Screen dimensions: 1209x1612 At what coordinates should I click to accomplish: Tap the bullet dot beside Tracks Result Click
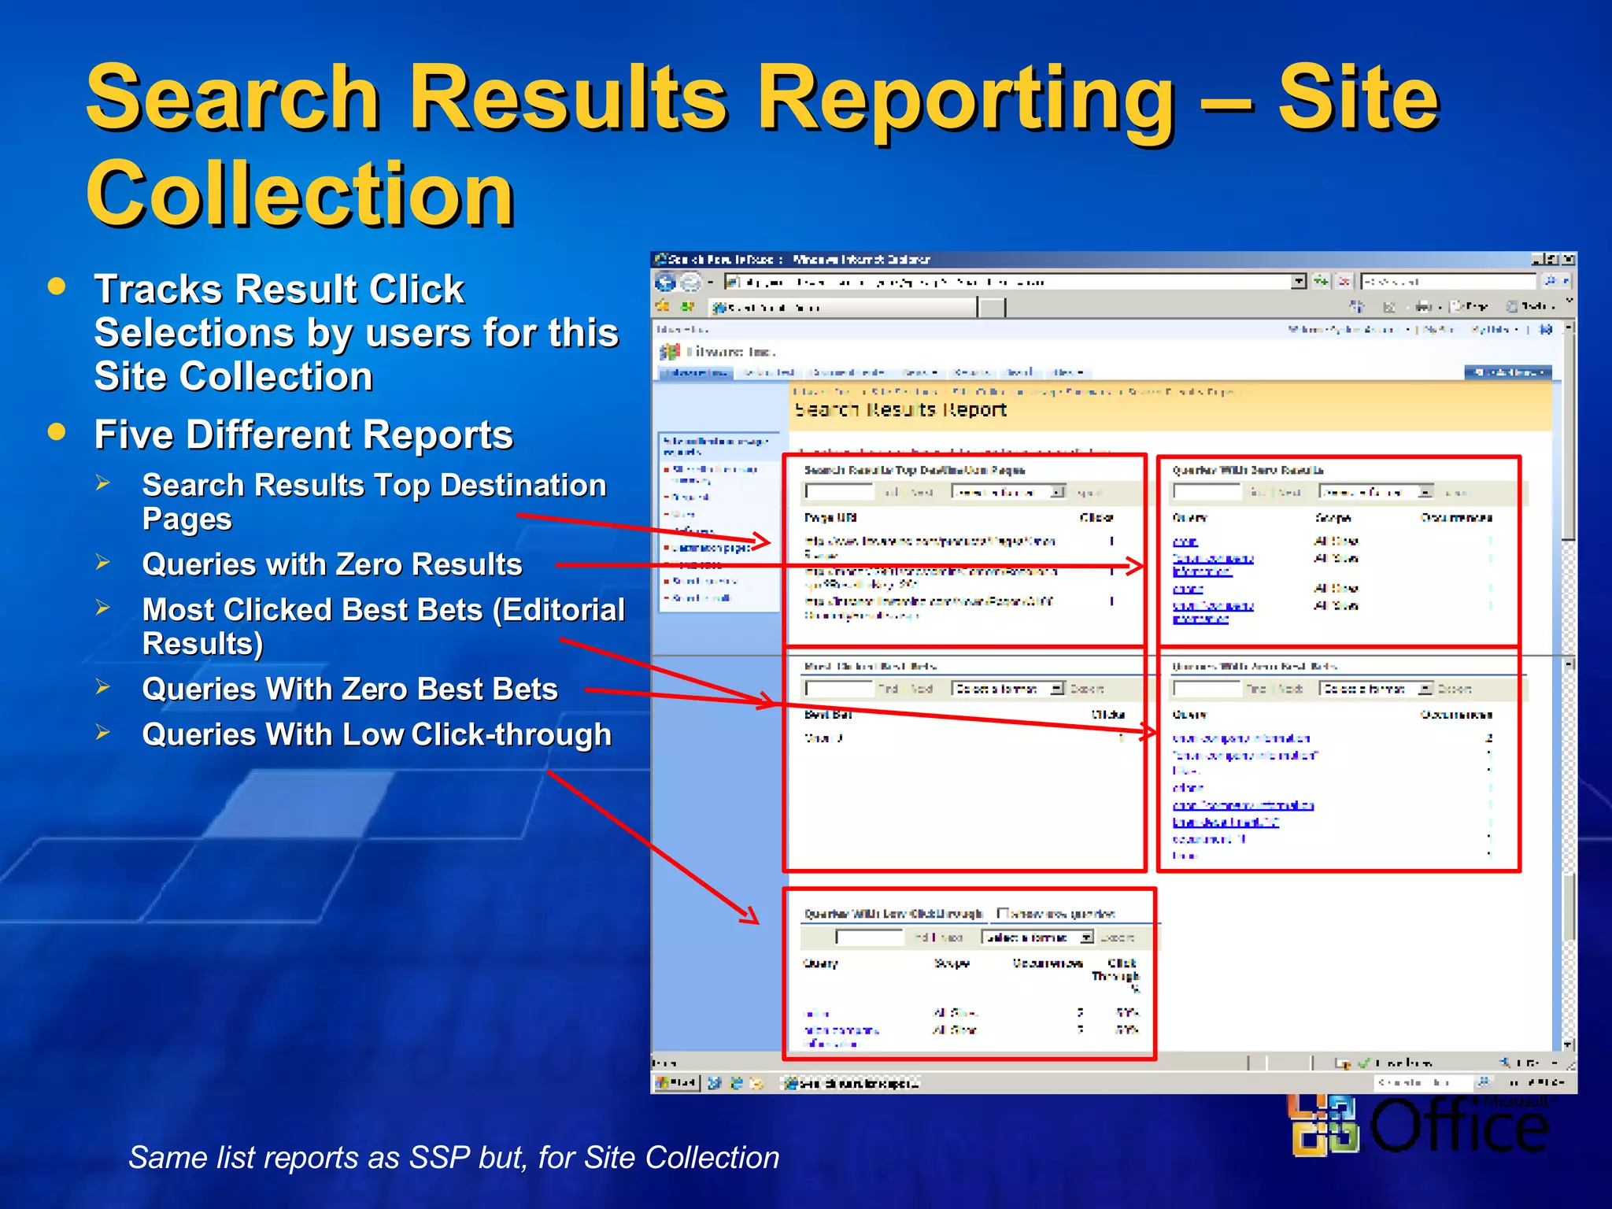pos(57,286)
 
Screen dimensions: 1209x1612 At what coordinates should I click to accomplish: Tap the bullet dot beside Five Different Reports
pos(57,431)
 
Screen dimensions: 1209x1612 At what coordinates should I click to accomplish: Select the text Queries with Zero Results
pos(331,564)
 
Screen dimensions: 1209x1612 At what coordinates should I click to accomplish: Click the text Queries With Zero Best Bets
pos(349,689)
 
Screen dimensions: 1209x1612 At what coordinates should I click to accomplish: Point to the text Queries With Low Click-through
pos(376,734)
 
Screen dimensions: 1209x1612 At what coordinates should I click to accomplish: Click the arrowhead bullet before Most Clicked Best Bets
pos(103,608)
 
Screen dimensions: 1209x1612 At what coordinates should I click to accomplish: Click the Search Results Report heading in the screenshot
pos(900,410)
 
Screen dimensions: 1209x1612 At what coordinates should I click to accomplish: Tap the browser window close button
pos(1568,259)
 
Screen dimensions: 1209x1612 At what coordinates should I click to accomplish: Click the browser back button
pos(666,282)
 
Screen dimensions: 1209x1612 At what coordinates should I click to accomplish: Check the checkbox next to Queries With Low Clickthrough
pos(1003,913)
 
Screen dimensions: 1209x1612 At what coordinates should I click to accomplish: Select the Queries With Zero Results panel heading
pos(1248,470)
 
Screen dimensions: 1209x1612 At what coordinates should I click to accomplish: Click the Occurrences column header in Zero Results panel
pos(1456,518)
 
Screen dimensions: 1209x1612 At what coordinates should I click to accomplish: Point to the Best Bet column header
pos(828,715)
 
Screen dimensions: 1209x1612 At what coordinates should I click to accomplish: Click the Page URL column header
pos(830,518)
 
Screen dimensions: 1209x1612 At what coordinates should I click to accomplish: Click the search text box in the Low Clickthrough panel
pos(869,937)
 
